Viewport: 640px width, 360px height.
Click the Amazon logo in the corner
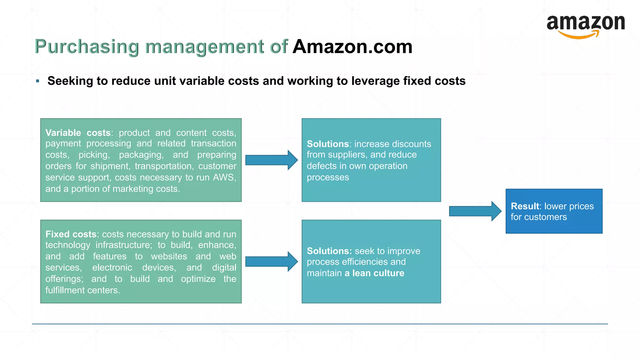(x=586, y=27)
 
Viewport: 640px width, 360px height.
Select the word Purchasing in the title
(x=87, y=47)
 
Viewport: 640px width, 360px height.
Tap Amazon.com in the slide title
(x=352, y=47)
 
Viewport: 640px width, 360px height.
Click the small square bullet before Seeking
(x=38, y=81)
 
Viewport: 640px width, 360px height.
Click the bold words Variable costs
(x=78, y=133)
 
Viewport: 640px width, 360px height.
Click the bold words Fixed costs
(x=71, y=234)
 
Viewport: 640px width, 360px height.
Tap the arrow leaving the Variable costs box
(x=271, y=160)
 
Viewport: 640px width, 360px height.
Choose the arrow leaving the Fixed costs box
(x=271, y=262)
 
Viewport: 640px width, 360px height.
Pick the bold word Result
(x=525, y=206)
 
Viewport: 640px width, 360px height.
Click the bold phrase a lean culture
(x=374, y=273)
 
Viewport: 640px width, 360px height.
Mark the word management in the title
(x=205, y=47)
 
